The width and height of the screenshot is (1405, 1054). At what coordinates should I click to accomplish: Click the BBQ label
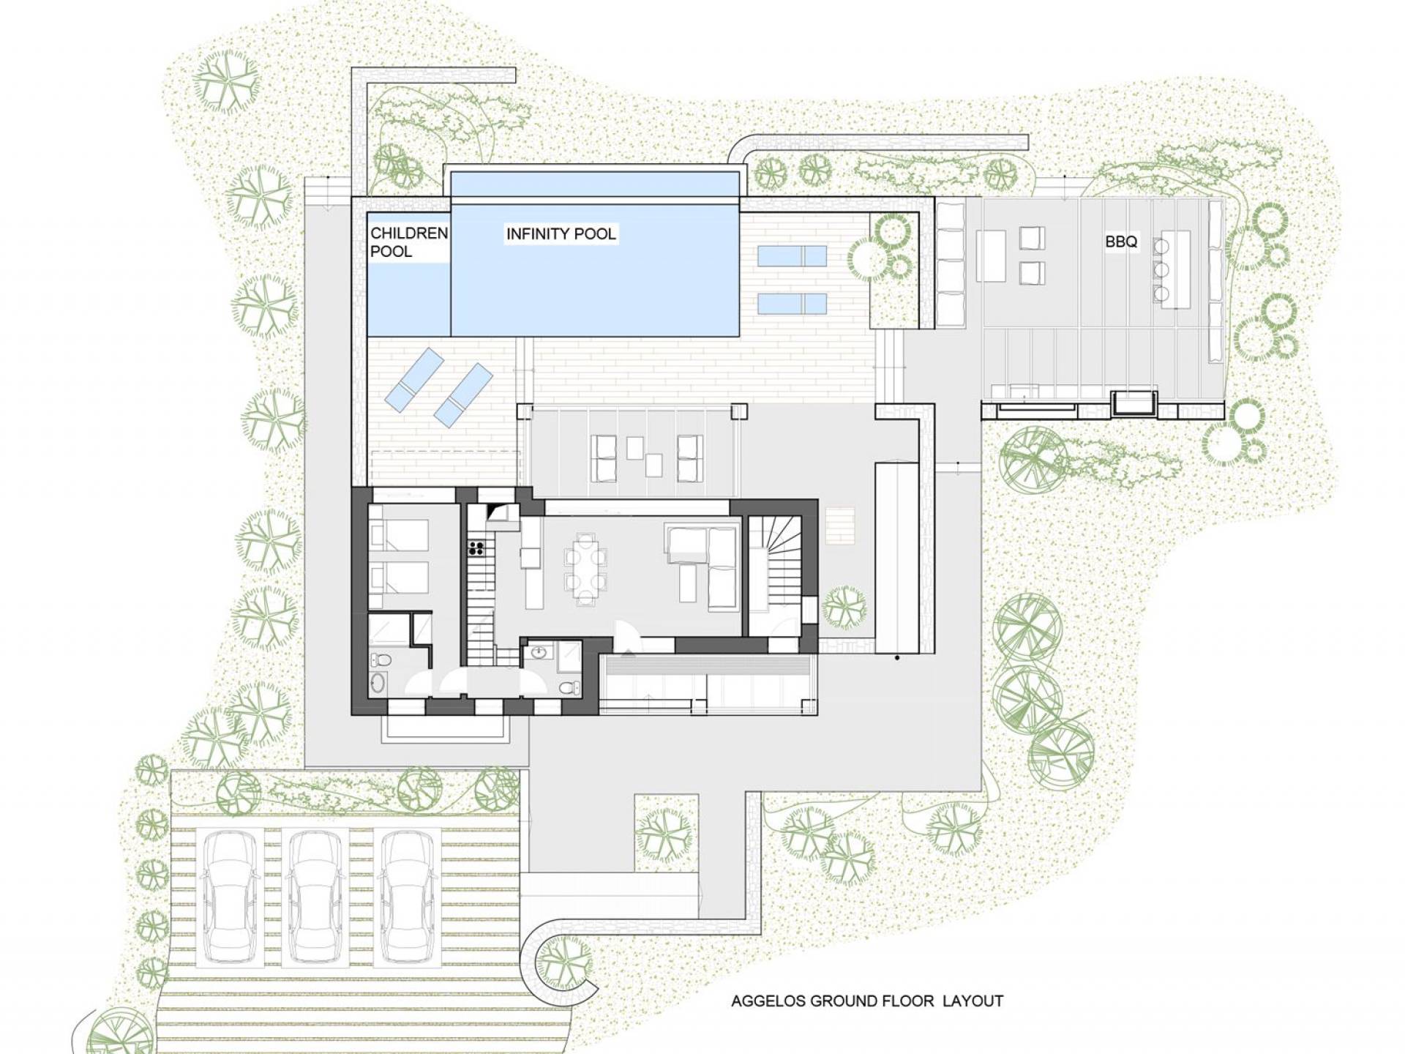coord(1121,242)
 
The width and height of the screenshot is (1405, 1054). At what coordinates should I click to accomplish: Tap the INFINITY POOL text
coord(561,234)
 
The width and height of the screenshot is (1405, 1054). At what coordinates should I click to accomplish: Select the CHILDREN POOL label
coord(408,242)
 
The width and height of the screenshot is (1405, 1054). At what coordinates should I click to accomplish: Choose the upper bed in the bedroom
coord(400,535)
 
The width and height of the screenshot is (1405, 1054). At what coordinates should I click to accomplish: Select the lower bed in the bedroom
coord(400,578)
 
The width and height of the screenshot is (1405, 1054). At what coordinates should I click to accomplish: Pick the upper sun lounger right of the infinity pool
coord(792,256)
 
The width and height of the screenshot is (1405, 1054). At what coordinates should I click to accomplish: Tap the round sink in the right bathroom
coord(539,652)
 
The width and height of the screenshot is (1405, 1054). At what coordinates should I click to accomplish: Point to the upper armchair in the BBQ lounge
coord(1032,239)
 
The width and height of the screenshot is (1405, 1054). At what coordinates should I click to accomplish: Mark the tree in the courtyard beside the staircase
coord(844,608)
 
